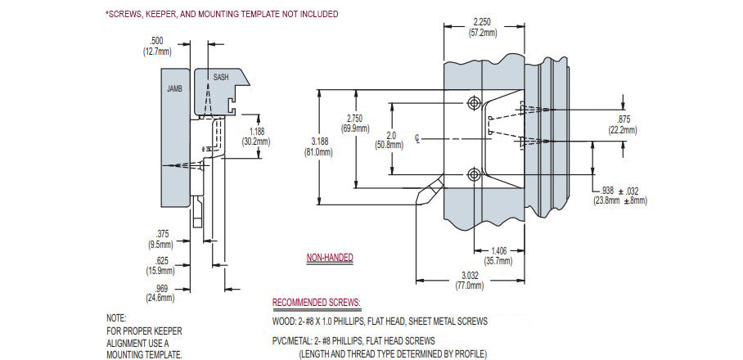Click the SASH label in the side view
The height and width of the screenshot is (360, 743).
point(221,77)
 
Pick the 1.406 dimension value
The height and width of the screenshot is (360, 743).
point(498,251)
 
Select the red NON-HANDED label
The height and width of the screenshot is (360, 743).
point(330,258)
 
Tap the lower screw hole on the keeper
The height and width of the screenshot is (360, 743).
point(474,173)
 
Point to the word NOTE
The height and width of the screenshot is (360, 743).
point(116,317)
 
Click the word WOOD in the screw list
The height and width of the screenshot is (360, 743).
point(283,322)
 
